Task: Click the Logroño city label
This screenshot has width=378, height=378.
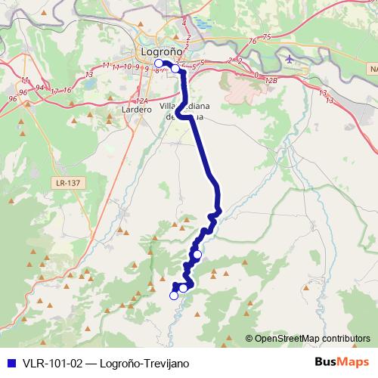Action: coord(161,51)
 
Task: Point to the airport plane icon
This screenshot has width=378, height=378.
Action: coord(290,58)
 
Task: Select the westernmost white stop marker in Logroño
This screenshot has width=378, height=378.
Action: coord(159,64)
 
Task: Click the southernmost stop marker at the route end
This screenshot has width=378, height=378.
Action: coord(174,296)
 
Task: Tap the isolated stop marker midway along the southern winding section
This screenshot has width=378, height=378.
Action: coord(197,255)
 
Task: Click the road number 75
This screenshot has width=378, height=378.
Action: coord(266,37)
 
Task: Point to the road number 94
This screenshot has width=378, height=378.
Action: coord(40,88)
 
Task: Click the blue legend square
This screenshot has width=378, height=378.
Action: coord(10,362)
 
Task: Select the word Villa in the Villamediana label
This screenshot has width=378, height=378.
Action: coord(170,106)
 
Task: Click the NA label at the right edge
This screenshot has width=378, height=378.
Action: coord(372,69)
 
